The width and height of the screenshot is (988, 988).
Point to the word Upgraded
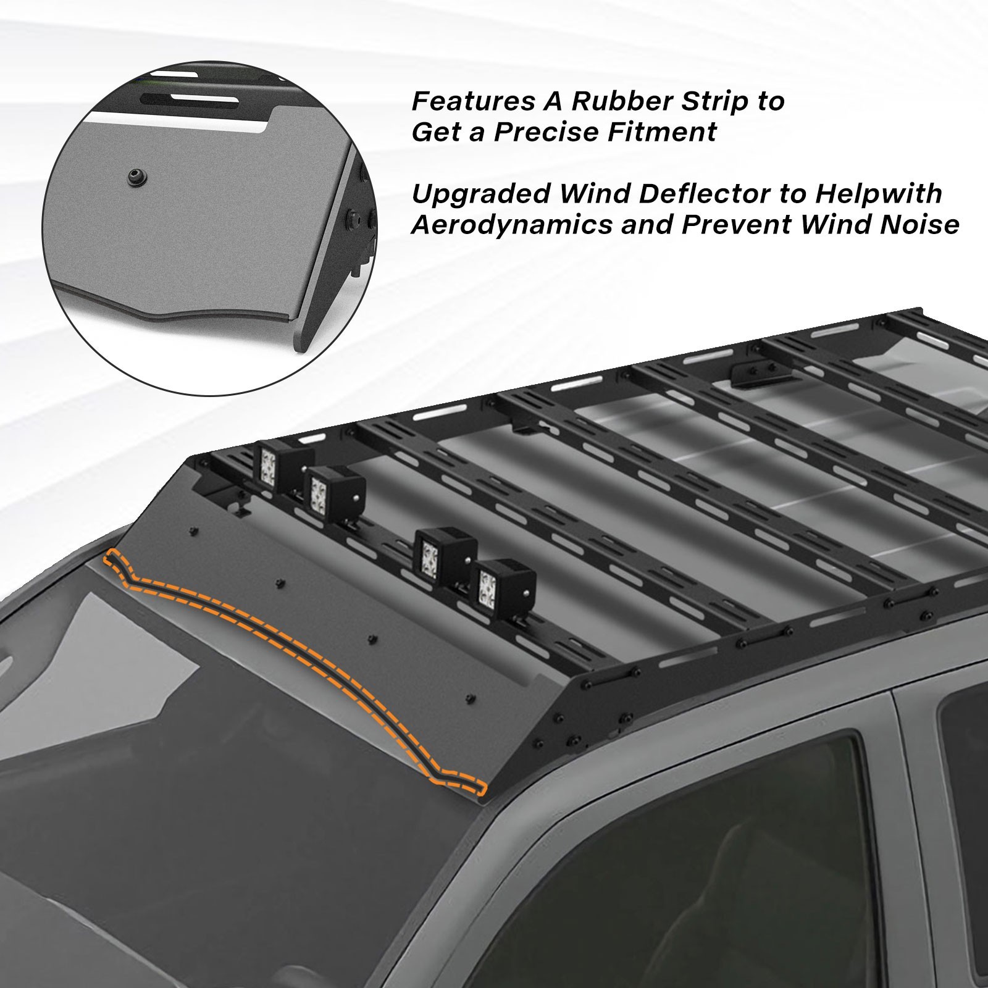pyautogui.click(x=480, y=195)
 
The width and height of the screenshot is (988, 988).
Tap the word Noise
pyautogui.click(x=919, y=225)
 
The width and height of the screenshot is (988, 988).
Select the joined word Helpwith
pyautogui.click(x=879, y=193)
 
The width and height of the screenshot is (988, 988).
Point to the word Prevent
pyautogui.click(x=735, y=225)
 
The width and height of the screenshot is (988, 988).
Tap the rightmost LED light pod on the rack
pyautogui.click(x=504, y=582)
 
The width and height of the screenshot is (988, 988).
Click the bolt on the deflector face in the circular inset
pyautogui.click(x=133, y=176)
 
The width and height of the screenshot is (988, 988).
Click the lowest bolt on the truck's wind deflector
pyautogui.click(x=471, y=699)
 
